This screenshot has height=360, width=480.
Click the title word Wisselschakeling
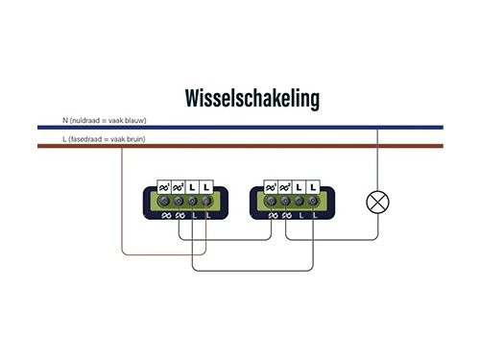pos(252,98)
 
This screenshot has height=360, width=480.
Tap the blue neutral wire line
pos(240,127)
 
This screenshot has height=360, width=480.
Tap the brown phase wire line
pos(240,146)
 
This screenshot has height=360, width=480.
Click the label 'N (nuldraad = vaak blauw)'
pos(104,120)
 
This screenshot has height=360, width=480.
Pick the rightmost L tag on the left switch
pos(208,184)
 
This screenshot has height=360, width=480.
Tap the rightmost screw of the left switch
pos(208,201)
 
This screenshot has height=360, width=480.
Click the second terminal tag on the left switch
pos(179,184)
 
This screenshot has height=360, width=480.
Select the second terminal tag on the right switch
pos(285,184)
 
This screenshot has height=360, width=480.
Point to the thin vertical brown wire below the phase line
pos(122,202)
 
